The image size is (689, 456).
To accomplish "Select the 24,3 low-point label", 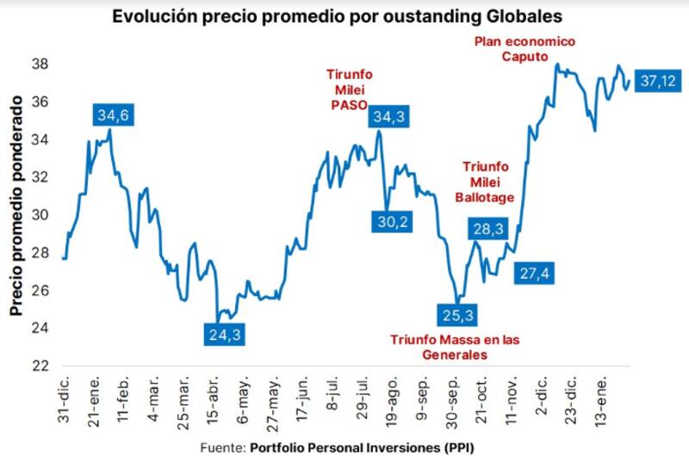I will pyautogui.click(x=225, y=333).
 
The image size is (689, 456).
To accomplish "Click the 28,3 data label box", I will pyautogui.click(x=489, y=228).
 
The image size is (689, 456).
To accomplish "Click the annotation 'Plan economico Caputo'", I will pyautogui.click(x=525, y=48).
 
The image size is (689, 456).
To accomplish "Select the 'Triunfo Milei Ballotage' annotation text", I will pyautogui.click(x=487, y=182).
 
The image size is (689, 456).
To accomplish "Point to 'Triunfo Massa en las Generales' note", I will pyautogui.click(x=456, y=346).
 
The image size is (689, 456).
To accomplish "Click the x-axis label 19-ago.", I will pyautogui.click(x=391, y=400).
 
